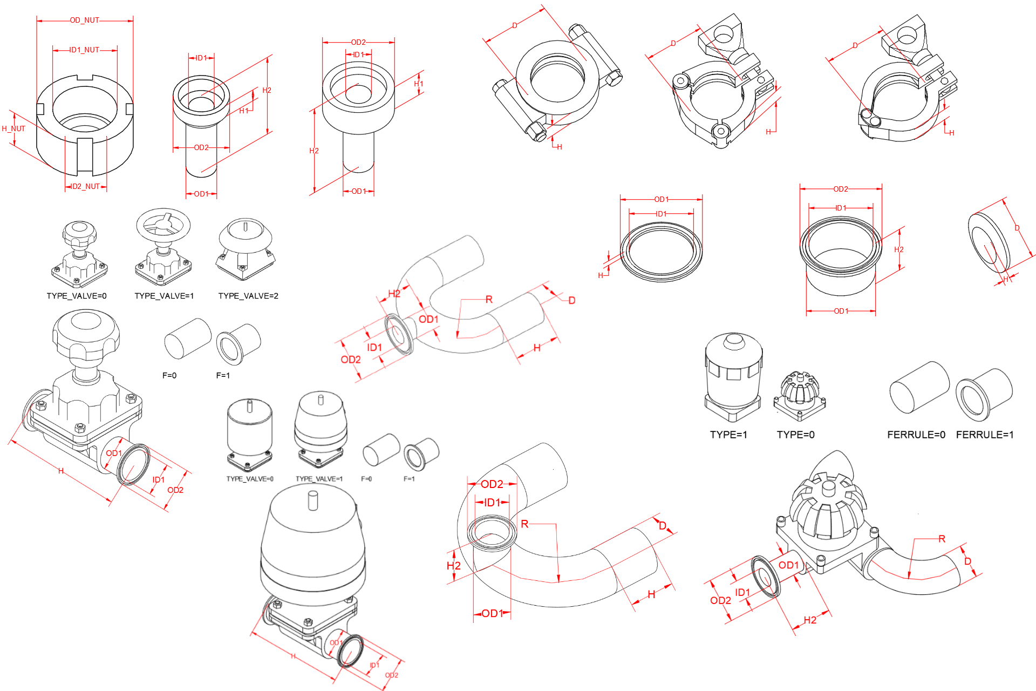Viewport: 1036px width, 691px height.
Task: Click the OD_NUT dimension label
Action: click(x=85, y=21)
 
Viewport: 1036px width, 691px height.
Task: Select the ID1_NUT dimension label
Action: click(x=85, y=50)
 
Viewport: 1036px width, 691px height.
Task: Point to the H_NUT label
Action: click(x=13, y=128)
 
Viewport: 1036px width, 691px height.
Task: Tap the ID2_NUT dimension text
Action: click(x=86, y=186)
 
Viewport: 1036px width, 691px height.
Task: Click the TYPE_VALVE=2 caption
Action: click(x=248, y=296)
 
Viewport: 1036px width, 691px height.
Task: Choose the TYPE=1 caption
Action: click(x=728, y=435)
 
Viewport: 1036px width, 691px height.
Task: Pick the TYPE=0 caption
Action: click(x=795, y=435)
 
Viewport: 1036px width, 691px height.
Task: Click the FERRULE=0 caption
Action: click(x=916, y=435)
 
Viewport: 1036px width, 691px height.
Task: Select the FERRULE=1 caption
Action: click(x=985, y=435)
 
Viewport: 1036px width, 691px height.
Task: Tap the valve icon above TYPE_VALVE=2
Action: click(x=246, y=248)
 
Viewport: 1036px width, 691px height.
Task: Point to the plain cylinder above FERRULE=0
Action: click(x=919, y=388)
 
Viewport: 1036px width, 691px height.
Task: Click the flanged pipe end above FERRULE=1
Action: click(x=983, y=394)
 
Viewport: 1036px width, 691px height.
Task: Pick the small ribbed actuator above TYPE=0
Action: click(x=800, y=394)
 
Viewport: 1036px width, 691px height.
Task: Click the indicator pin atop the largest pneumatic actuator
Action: click(x=312, y=499)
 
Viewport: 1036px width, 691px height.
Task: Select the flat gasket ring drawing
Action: click(x=661, y=251)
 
